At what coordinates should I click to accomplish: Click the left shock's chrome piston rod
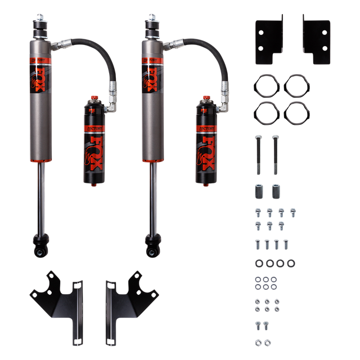tap(41, 197)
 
